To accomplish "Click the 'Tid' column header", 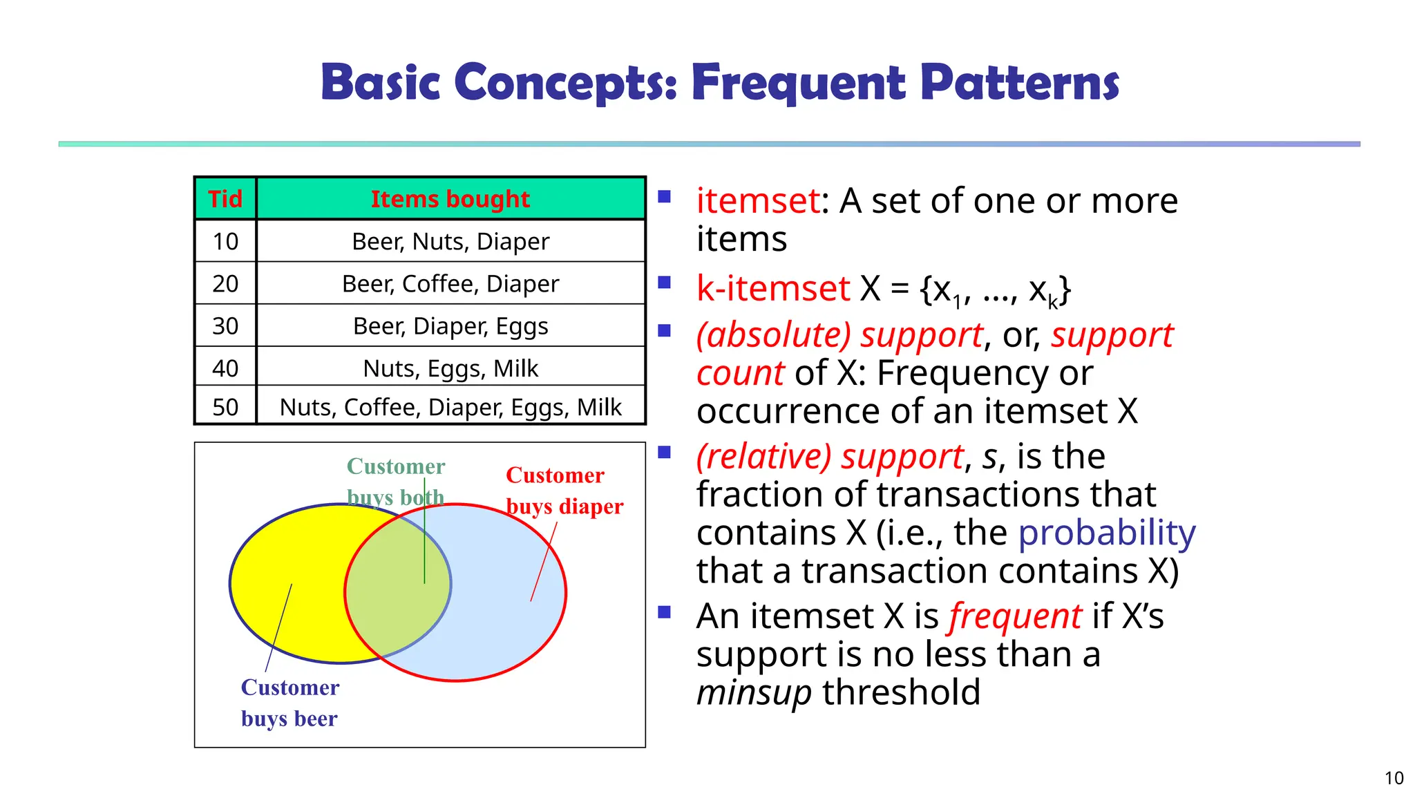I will pyautogui.click(x=225, y=199).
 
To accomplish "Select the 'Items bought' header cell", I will pyautogui.click(x=450, y=199).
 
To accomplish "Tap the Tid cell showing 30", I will pyautogui.click(x=225, y=325).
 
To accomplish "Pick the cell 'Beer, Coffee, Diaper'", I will pyautogui.click(x=450, y=283).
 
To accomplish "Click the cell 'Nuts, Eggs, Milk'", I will pyautogui.click(x=450, y=368).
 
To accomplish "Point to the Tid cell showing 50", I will pyautogui.click(x=225, y=407).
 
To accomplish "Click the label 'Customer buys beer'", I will pyautogui.click(x=289, y=703).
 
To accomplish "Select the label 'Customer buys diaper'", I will pyautogui.click(x=564, y=491).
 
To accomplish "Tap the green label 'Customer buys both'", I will pyautogui.click(x=395, y=481).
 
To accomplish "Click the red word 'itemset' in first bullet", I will pyautogui.click(x=757, y=201).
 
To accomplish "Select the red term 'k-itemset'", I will pyautogui.click(x=772, y=288).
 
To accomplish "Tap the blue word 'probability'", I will pyautogui.click(x=1106, y=533).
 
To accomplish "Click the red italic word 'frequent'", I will pyautogui.click(x=1015, y=616).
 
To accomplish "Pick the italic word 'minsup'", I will pyautogui.click(x=753, y=692).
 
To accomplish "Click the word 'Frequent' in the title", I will pyautogui.click(x=797, y=83).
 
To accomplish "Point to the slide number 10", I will pyautogui.click(x=1394, y=778).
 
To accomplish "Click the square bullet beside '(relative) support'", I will pyautogui.click(x=665, y=453).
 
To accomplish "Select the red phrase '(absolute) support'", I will pyautogui.click(x=839, y=335).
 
